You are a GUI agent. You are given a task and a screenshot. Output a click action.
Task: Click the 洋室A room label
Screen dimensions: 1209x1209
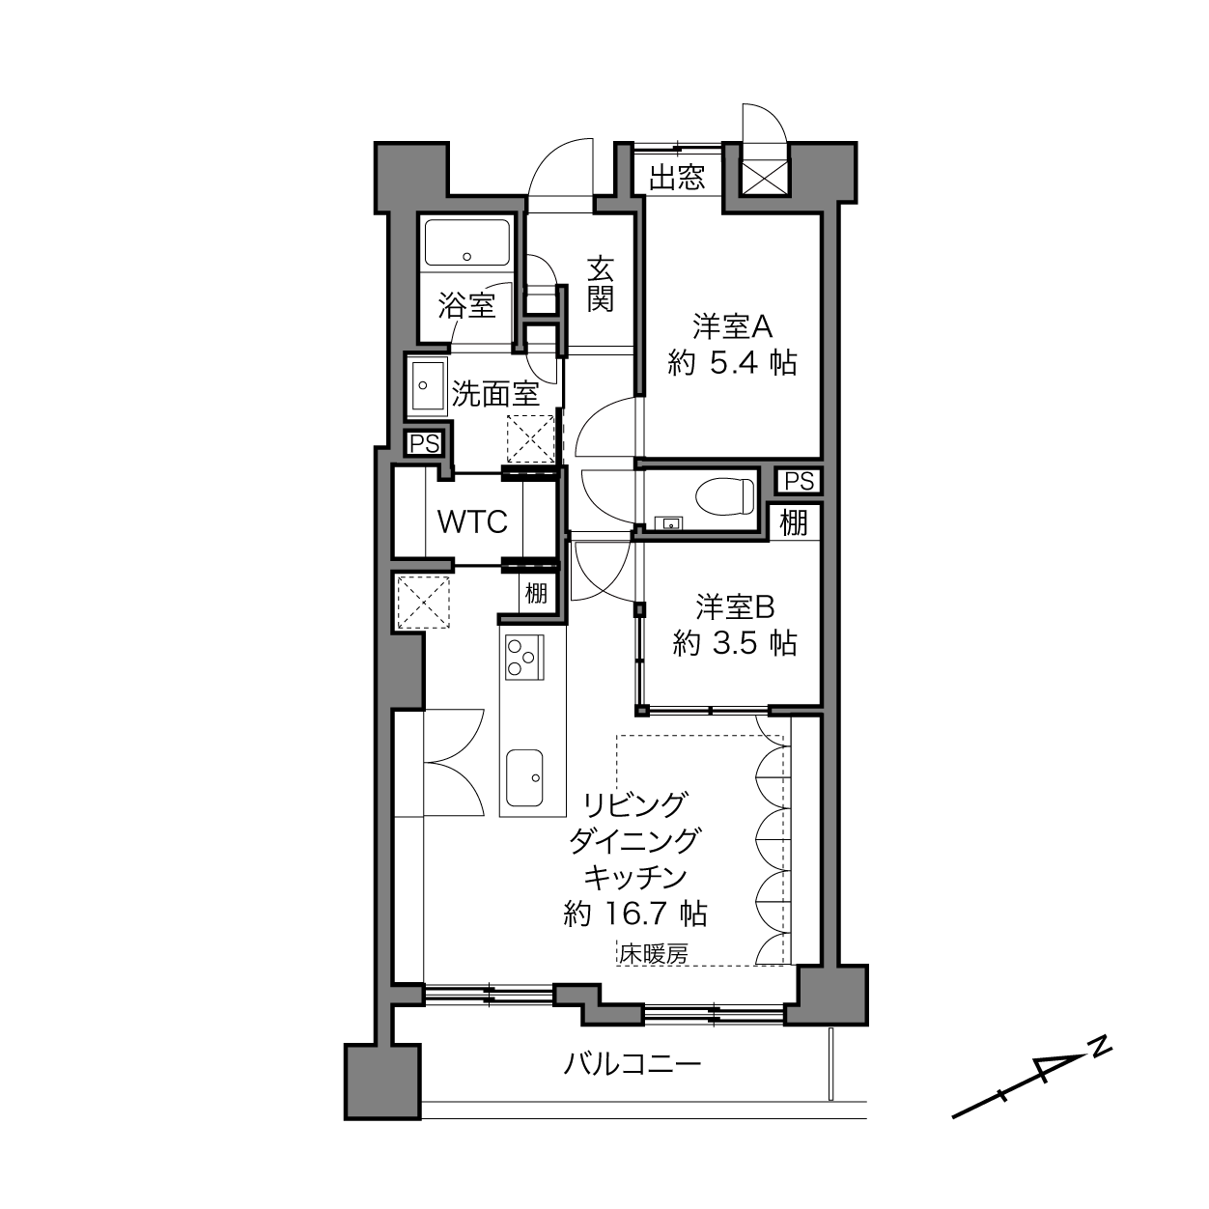tap(733, 326)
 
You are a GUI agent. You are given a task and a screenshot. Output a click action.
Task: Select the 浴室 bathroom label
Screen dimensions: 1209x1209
tap(466, 305)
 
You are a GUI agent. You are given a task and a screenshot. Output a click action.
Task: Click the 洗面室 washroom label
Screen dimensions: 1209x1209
tap(495, 393)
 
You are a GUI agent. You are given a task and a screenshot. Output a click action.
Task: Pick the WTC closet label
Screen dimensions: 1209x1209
tap(472, 521)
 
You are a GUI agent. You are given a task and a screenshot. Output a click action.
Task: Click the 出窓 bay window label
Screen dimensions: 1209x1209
tap(677, 178)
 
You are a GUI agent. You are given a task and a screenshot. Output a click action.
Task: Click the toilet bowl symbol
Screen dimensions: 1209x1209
tap(724, 495)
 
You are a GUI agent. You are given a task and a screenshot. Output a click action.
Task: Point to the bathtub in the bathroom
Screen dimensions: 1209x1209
tap(466, 242)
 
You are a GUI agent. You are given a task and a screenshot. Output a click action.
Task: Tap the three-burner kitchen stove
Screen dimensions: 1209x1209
tap(524, 657)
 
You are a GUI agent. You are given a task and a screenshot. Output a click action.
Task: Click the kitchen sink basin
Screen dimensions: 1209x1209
tap(524, 778)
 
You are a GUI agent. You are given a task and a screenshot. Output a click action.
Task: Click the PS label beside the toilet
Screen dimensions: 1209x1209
tap(800, 481)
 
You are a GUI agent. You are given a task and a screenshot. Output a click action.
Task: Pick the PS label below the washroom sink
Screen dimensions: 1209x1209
tap(425, 444)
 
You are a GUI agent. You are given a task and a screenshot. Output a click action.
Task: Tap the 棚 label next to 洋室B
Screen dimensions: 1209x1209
tap(795, 521)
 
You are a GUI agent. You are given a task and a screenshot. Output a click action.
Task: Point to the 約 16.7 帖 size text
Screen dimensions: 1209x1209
tap(635, 914)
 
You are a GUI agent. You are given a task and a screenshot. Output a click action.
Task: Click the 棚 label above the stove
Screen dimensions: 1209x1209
tap(536, 592)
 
